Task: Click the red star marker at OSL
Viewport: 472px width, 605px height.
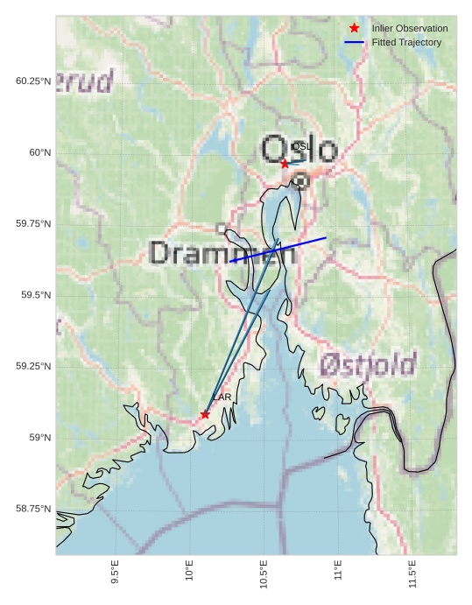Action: [285, 164]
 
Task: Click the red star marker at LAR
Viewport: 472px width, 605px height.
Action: [205, 414]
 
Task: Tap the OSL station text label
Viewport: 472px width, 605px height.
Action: [301, 146]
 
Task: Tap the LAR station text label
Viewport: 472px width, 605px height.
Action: [222, 397]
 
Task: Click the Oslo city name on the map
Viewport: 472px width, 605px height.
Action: [299, 150]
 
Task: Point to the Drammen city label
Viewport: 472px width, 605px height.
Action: [222, 253]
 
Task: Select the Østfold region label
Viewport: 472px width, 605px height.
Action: [368, 364]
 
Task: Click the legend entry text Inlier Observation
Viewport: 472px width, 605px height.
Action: [409, 29]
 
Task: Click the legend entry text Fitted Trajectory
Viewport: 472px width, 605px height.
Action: [406, 42]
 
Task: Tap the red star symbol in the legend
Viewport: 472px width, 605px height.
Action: [354, 28]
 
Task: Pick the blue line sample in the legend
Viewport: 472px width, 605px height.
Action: [354, 42]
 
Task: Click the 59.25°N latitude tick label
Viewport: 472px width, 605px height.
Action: [33, 366]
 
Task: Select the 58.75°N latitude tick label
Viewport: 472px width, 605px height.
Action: [33, 509]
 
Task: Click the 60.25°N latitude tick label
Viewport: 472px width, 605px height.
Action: [33, 81]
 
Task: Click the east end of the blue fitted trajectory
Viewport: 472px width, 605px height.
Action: [326, 237]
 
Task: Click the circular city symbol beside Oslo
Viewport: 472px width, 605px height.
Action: [300, 181]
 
